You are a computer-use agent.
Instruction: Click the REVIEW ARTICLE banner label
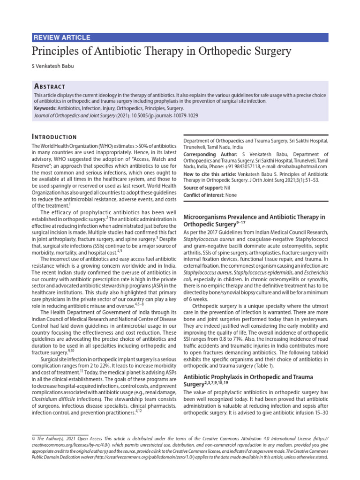tap(62, 37)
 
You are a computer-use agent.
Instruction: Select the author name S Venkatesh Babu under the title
tap(52, 66)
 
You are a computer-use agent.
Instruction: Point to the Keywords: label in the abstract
tap(48, 108)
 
